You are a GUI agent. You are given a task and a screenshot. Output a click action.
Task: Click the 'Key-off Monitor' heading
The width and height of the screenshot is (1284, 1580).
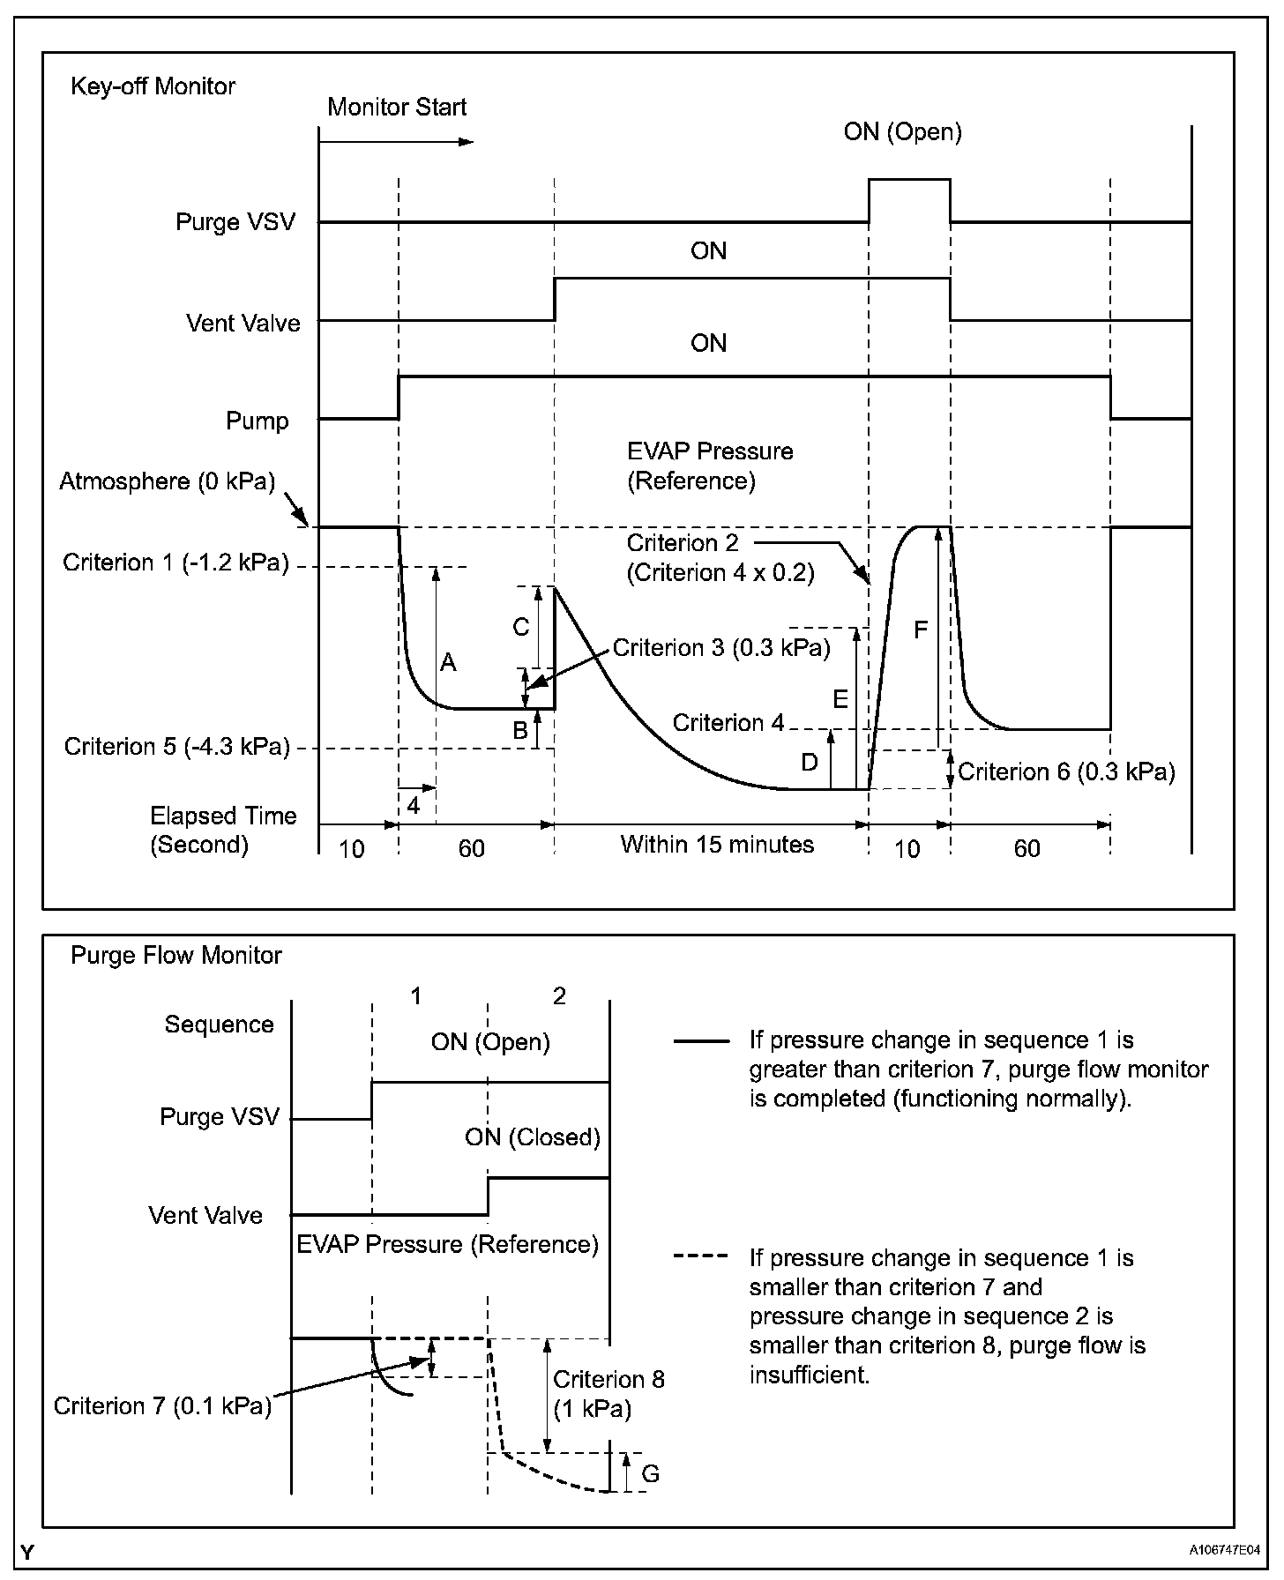coord(153,86)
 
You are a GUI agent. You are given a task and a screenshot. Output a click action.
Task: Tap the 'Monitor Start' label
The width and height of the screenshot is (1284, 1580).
coord(397,108)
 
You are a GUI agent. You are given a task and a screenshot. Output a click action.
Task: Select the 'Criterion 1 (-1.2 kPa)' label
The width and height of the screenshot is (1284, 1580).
coord(175,563)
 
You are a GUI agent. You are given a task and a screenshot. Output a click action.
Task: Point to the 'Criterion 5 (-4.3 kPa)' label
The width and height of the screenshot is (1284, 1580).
coord(176,747)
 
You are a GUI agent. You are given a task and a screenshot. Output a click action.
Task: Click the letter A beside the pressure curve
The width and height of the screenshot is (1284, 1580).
coord(448,662)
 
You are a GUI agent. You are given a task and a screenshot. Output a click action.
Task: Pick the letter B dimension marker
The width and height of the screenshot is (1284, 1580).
coord(520,730)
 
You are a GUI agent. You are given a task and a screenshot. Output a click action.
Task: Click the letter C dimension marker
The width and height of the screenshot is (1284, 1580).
coord(521,627)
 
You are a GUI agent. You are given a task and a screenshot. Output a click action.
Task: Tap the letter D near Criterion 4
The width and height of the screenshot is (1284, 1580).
coord(810,763)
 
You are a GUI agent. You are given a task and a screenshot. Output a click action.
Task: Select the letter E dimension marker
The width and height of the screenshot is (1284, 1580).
coord(840,700)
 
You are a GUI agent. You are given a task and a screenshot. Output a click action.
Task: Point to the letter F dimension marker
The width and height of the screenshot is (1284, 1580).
coord(921,630)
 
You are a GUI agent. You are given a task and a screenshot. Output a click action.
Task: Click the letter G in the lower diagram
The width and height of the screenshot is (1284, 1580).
coord(650,1473)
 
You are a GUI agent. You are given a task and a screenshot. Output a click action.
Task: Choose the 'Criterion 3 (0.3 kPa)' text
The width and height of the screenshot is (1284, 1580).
coord(721,649)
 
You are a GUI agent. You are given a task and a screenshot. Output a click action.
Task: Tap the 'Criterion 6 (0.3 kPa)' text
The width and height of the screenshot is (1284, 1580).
coord(1066,772)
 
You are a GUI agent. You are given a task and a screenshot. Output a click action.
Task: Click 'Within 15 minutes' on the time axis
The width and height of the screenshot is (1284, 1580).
coord(717,845)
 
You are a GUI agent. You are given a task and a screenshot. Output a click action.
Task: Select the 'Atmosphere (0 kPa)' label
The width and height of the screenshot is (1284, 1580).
coord(168,481)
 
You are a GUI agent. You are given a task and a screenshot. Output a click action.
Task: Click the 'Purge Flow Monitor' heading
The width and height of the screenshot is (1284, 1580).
coord(176,956)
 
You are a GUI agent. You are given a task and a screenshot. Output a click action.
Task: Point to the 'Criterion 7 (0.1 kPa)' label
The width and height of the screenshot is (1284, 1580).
coord(162,1405)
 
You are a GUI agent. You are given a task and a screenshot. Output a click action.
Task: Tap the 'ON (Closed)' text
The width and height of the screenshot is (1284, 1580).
coord(533,1137)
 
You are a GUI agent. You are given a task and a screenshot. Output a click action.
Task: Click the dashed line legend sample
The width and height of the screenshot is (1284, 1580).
coord(700,1256)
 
